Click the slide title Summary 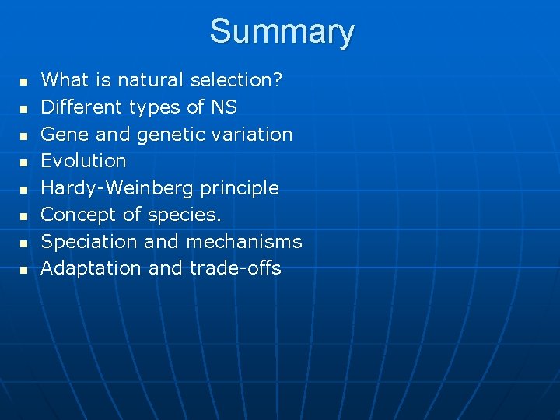coord(282,32)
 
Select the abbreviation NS coord(224,107)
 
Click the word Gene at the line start coord(65,134)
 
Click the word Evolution coord(83,161)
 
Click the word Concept coord(79,215)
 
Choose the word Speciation coord(89,242)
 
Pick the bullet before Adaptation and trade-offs coord(23,270)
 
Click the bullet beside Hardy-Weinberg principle coord(23,189)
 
